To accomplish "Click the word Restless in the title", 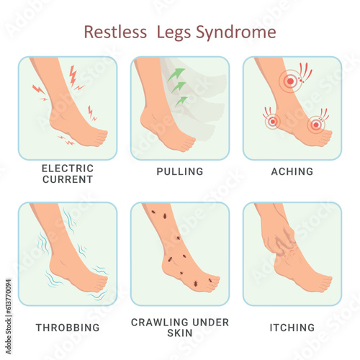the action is pos(115,32).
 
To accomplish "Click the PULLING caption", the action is pos(180,171).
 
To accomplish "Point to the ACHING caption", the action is pos(292,171).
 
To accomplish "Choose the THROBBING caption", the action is pos(68,328).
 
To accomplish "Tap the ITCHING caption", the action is pos(292,328).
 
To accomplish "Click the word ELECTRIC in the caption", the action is pos(68,168).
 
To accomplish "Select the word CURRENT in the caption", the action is pos(68,179).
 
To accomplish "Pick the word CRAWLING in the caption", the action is pos(160,323).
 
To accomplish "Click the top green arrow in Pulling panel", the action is pos(176,74).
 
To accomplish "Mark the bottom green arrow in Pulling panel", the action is pos(181,101).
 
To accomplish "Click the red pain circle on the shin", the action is pos(290,81).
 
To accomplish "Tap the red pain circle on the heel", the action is pos(272,122).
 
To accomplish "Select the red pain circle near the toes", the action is pos(316,125).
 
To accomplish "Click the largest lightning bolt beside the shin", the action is pos(73,76).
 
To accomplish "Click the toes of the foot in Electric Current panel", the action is pos(100,138).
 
